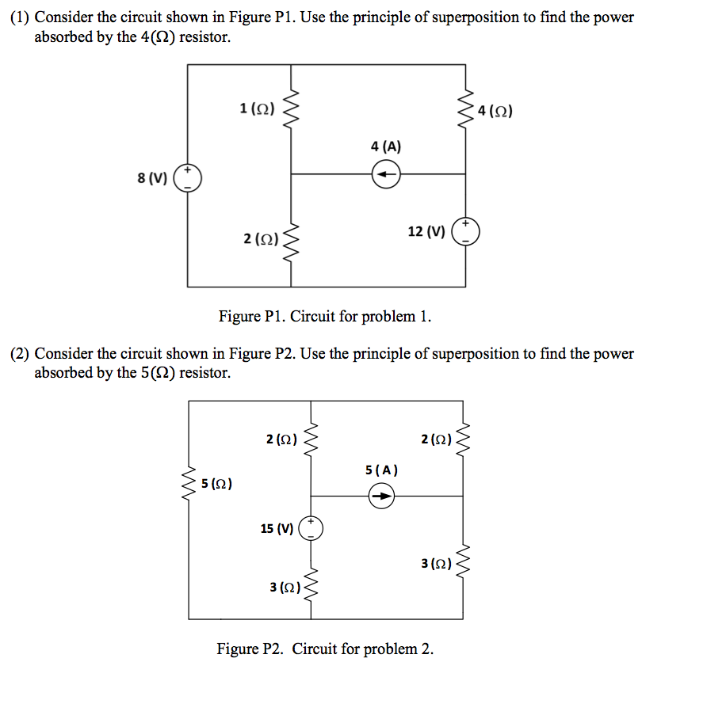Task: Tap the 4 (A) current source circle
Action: (x=386, y=173)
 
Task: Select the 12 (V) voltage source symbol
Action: (x=465, y=231)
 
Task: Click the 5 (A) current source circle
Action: (x=382, y=496)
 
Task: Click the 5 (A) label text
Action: (x=382, y=470)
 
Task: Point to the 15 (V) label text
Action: (x=277, y=528)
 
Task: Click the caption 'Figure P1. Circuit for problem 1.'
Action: (x=325, y=317)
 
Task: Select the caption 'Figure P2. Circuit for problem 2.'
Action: (x=325, y=649)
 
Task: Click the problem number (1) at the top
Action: (x=20, y=17)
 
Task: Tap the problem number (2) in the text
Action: (x=20, y=354)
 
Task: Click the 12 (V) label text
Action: (x=426, y=231)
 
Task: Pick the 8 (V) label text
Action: (x=152, y=178)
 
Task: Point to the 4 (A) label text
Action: (x=386, y=146)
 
